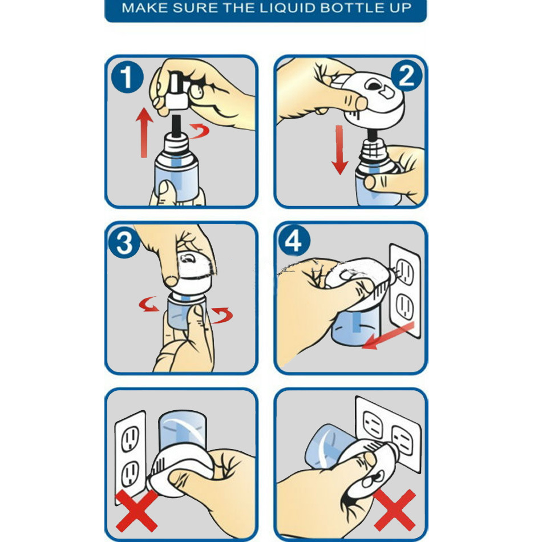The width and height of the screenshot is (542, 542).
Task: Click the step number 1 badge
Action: coord(127,77)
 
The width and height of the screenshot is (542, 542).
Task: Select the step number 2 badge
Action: coord(406,76)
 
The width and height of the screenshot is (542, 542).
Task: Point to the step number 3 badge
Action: coord(124,242)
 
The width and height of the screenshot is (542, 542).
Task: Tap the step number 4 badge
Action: coord(294,240)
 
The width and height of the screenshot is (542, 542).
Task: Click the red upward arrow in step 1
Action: coord(144,133)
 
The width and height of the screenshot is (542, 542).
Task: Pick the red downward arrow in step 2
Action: coord(339,150)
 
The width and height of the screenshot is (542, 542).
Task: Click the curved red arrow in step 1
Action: coord(200,131)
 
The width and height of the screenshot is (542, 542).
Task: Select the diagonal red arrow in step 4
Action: coord(388,335)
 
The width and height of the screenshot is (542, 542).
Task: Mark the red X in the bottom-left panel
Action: coord(136,511)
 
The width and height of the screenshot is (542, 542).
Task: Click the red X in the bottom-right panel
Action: coord(394,510)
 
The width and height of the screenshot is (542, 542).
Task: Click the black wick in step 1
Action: coord(177,125)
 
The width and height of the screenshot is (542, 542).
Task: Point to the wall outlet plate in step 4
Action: coord(405,290)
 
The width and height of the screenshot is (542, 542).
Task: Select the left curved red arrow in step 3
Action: coord(149,304)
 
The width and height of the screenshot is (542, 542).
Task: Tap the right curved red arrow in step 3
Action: coord(222,315)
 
